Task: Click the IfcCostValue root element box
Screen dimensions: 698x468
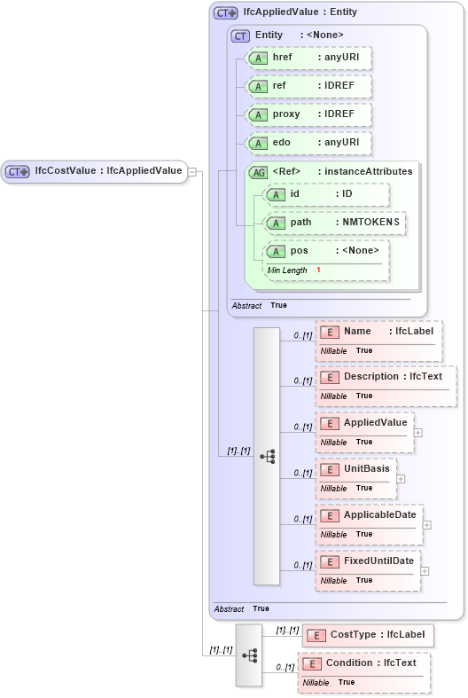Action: click(x=96, y=171)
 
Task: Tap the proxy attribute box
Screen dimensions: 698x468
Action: click(x=308, y=114)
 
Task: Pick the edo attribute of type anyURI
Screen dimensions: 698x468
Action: click(x=308, y=143)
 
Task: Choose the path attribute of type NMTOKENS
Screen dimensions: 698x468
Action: click(x=335, y=223)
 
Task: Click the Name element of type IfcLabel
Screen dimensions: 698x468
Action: click(x=378, y=332)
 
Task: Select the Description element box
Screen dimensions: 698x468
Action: click(x=386, y=377)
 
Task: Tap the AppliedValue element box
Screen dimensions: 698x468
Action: click(x=364, y=423)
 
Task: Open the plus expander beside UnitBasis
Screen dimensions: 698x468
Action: click(x=401, y=479)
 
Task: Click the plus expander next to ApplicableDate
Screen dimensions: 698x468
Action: click(x=427, y=525)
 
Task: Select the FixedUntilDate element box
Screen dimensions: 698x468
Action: click(x=368, y=561)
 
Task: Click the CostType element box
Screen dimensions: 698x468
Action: click(x=368, y=635)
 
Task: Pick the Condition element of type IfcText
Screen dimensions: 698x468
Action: click(x=364, y=663)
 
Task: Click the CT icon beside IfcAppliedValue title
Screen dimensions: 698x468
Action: click(x=226, y=13)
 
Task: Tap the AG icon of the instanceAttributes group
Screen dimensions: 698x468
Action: click(x=259, y=172)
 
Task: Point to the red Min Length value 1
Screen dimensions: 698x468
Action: click(x=318, y=270)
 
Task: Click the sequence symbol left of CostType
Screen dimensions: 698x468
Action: click(x=249, y=655)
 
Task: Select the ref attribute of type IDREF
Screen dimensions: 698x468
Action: click(x=308, y=86)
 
